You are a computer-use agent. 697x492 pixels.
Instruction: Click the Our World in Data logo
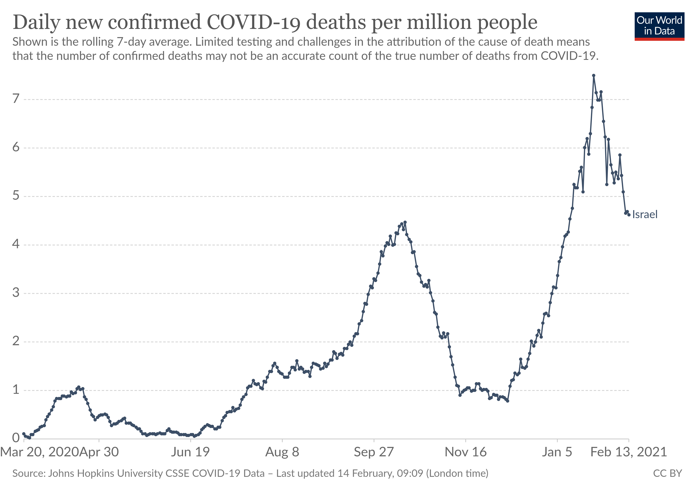point(659,26)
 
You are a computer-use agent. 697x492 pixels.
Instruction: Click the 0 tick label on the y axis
point(16,438)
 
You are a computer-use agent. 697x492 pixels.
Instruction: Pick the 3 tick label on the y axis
point(16,293)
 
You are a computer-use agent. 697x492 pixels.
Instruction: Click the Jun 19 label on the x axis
point(190,452)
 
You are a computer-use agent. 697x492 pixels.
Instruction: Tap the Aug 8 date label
point(282,452)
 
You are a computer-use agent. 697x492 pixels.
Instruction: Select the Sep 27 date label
point(374,452)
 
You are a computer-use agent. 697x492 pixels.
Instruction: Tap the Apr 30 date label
point(99,452)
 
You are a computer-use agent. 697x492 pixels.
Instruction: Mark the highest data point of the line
point(593,75)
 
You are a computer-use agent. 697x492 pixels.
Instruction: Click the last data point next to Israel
point(629,215)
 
